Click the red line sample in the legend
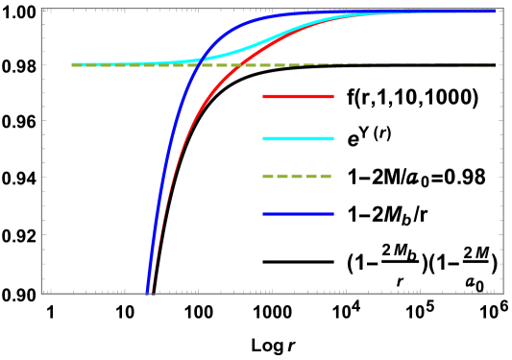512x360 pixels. tap(298, 96)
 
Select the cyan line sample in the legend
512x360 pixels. tap(298, 138)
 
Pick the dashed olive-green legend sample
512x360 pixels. tap(297, 176)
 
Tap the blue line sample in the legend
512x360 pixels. tap(298, 214)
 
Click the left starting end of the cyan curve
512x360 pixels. tap(72, 64)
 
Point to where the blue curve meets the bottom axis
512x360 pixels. tap(147, 292)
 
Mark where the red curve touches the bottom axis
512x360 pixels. tap(152, 292)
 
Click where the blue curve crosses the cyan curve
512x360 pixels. tap(200, 59)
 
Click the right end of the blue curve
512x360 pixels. tap(494, 11)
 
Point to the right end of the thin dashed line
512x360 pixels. tap(498, 65)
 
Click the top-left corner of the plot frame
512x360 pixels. tap(41, 9)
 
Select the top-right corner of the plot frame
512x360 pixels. tap(502, 9)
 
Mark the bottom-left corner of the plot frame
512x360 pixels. tap(41, 293)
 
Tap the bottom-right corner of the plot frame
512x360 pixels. tap(502, 293)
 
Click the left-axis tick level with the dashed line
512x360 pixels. tap(43, 65)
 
